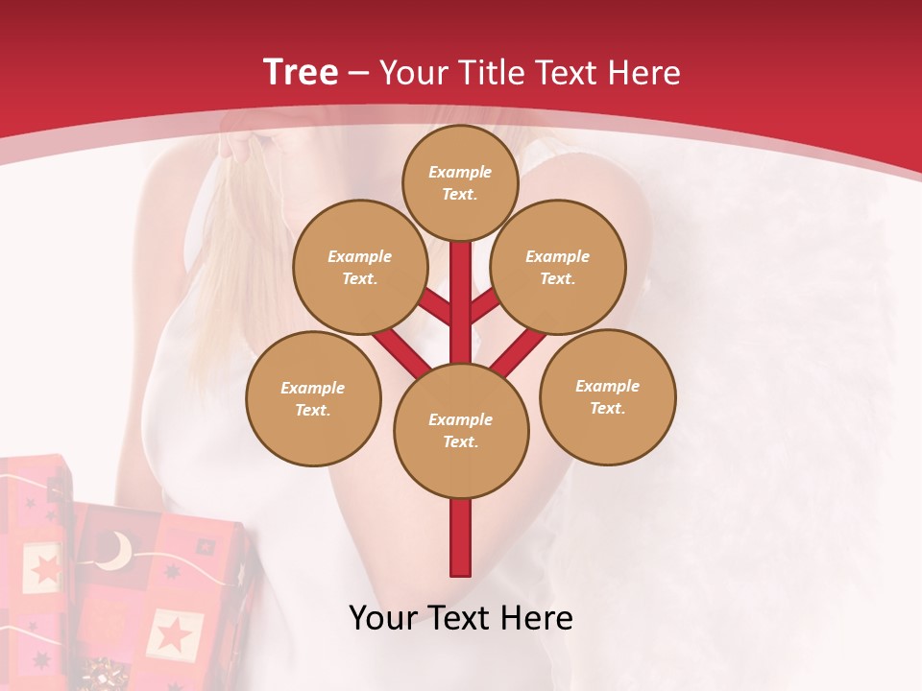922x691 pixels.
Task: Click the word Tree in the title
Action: pos(301,72)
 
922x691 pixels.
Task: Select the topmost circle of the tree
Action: pos(460,181)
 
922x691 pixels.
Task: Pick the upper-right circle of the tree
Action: pos(558,267)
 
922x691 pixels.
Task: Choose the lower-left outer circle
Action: pos(313,398)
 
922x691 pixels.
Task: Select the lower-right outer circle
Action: pos(608,396)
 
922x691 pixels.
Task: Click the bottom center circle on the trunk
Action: pos(461,430)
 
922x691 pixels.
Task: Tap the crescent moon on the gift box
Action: pos(117,551)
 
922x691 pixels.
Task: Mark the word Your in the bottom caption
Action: pos(385,618)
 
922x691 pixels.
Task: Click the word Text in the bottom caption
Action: pos(461,618)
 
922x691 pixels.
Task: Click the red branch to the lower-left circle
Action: pos(401,350)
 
